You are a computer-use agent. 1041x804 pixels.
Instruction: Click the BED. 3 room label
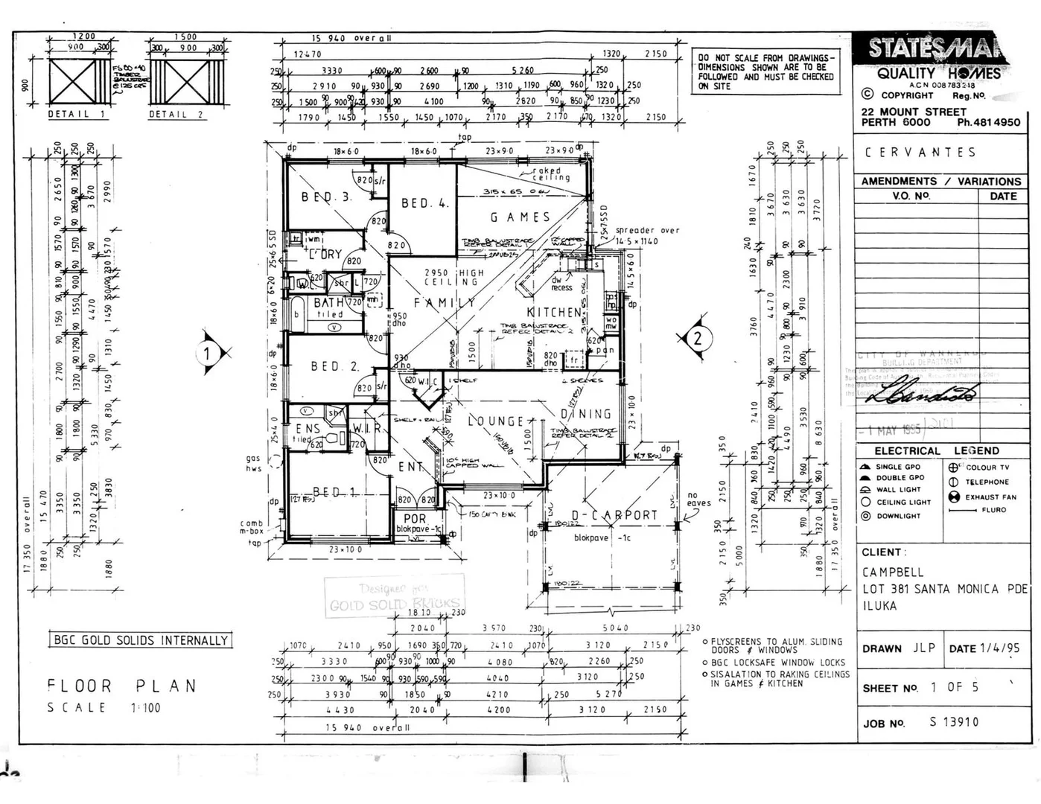(x=326, y=197)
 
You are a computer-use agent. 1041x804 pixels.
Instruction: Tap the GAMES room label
(x=520, y=217)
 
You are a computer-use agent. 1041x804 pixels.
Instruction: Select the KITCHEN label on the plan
(x=554, y=312)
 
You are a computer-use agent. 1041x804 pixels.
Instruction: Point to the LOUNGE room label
(x=495, y=421)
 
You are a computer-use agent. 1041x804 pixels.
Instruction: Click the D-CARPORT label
(x=614, y=515)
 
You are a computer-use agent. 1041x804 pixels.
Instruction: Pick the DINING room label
(x=585, y=414)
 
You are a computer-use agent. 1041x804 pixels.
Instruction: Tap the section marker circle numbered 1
(x=208, y=354)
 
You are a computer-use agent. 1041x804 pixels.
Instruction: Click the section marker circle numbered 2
(x=698, y=339)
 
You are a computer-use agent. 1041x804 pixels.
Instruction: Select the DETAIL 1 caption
(x=77, y=115)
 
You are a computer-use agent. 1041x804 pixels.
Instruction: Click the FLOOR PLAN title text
(x=121, y=686)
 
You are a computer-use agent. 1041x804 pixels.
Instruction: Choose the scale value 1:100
(x=146, y=708)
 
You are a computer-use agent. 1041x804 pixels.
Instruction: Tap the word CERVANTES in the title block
(x=920, y=153)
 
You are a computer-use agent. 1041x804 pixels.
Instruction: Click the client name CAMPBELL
(x=893, y=572)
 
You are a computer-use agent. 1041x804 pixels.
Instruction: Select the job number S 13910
(x=954, y=722)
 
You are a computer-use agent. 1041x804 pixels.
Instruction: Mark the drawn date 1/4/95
(x=1000, y=648)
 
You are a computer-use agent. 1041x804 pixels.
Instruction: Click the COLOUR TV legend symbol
(x=953, y=468)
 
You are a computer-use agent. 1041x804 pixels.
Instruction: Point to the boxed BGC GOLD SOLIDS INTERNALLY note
(x=141, y=640)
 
